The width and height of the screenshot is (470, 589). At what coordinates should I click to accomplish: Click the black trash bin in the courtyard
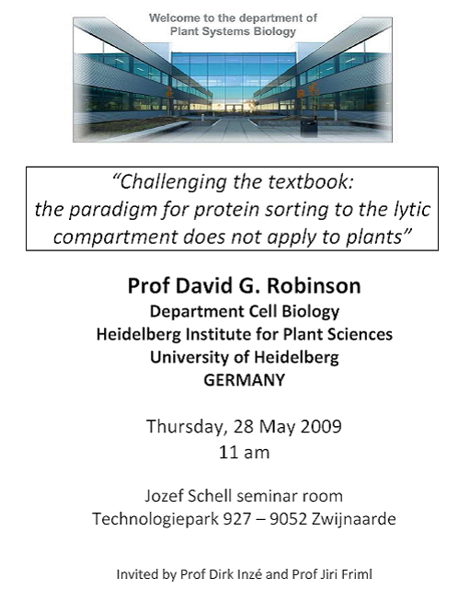[308, 126]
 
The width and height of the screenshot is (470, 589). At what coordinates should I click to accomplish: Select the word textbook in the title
[311, 182]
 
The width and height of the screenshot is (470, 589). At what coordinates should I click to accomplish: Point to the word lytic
[411, 210]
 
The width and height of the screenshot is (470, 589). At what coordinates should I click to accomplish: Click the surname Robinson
[314, 285]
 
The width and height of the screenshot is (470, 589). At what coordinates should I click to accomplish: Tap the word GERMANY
[245, 380]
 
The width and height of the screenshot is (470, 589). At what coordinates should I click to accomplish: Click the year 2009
[321, 426]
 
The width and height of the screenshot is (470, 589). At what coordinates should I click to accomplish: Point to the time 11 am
[245, 452]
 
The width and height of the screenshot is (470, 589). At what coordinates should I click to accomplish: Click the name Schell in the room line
[210, 496]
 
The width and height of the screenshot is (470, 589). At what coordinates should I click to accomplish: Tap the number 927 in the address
[237, 519]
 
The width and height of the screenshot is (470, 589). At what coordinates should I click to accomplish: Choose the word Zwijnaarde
[353, 519]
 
